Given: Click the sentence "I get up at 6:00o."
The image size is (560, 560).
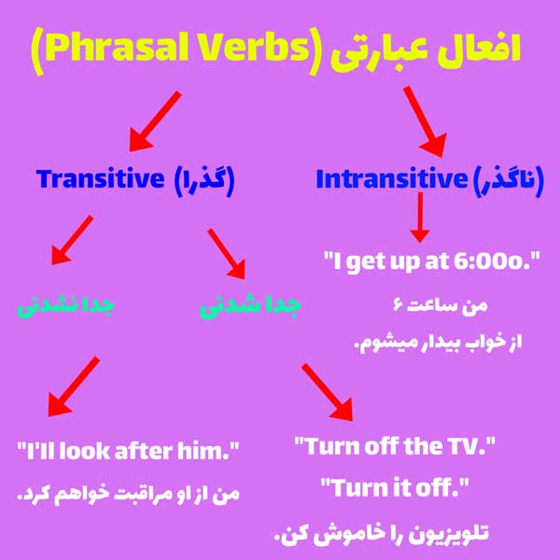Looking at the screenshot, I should (x=432, y=261).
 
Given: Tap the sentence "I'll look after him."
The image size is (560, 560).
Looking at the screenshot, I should (x=129, y=452).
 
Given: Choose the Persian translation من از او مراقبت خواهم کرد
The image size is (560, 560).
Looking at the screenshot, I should (x=129, y=493).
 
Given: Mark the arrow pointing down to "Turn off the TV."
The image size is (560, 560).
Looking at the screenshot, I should (x=329, y=390).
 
